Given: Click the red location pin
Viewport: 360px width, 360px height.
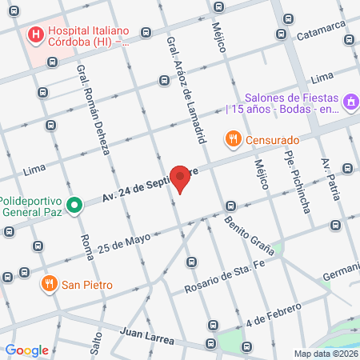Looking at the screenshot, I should (181, 179).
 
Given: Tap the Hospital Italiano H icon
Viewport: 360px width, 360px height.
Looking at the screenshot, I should (35, 35).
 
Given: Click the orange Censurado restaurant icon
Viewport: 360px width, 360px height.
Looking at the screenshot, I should (234, 139).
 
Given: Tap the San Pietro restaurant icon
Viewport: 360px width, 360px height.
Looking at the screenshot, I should (49, 283).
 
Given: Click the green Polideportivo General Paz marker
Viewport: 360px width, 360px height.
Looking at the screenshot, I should (74, 206).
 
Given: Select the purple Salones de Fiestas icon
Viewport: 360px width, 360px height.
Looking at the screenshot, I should (350, 102).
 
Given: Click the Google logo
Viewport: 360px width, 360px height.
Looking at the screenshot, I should (27, 350).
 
